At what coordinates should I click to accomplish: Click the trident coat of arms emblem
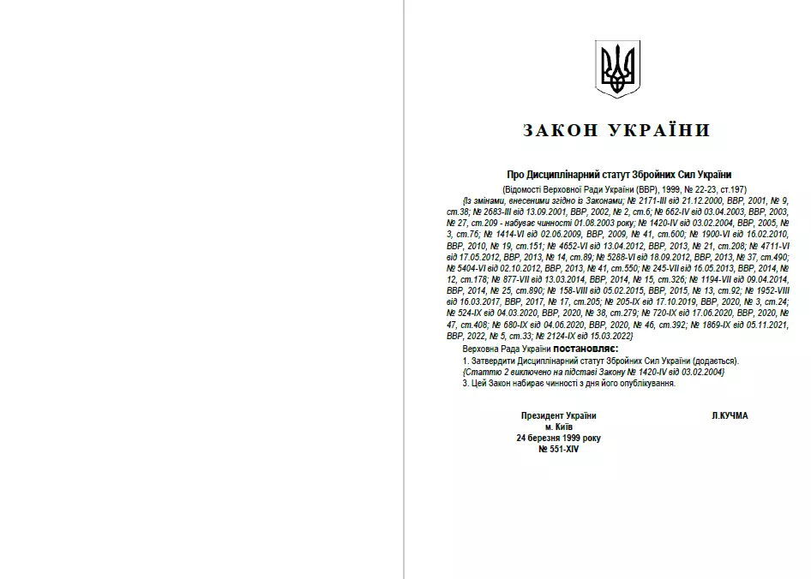coord(617,68)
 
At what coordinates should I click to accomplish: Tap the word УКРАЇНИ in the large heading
coord(662,131)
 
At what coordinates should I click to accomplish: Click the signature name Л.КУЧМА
coord(730,415)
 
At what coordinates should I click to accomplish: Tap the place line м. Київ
coord(558,427)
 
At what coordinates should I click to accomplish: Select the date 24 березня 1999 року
coord(558,438)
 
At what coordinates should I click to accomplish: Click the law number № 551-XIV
coord(558,449)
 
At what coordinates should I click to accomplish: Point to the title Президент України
coord(558,415)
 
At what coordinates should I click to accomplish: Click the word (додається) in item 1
coord(717,361)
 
